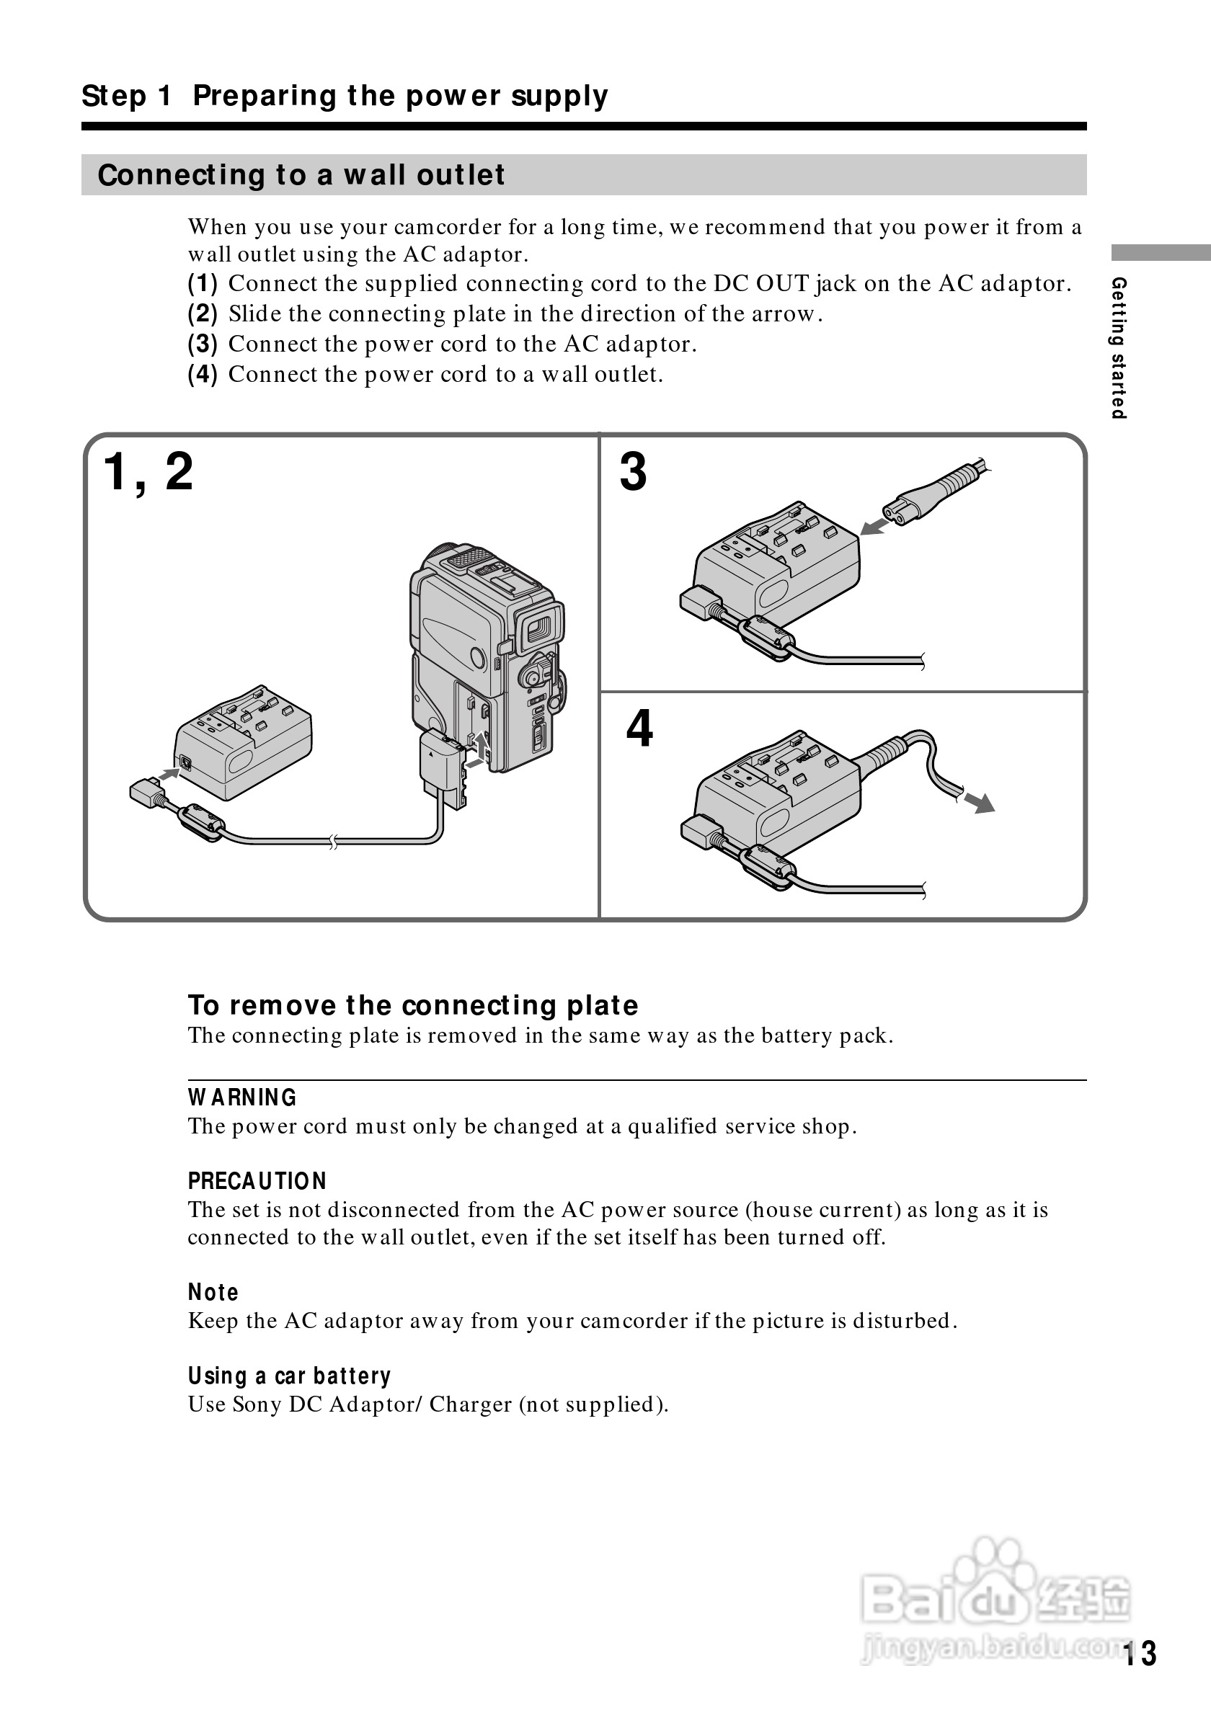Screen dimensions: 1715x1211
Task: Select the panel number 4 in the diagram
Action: tap(639, 729)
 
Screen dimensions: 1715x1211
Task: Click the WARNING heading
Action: tap(242, 1097)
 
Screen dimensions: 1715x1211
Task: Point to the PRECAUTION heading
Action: tap(257, 1181)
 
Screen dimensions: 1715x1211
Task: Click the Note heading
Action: tap(213, 1292)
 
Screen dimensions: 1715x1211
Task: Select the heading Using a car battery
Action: tap(289, 1376)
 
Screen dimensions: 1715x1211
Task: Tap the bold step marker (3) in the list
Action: tap(203, 344)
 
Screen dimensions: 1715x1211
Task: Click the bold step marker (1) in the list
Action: tap(203, 284)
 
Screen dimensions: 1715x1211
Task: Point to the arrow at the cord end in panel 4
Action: tap(980, 802)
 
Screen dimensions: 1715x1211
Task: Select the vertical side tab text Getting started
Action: tap(1118, 347)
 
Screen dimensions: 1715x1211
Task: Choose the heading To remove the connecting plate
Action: tap(413, 1005)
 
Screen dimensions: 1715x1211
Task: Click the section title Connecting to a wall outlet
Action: tap(301, 175)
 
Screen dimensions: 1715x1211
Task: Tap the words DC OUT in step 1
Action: tap(760, 284)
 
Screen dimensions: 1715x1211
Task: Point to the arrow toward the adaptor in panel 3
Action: tap(875, 527)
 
